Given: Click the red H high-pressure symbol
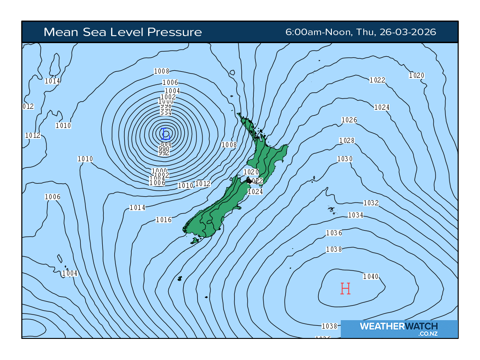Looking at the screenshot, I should (x=345, y=289).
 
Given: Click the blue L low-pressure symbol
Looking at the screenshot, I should (x=164, y=133).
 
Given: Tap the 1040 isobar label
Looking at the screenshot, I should (x=371, y=277).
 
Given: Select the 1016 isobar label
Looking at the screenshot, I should (x=164, y=220).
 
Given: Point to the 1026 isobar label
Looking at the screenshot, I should (x=349, y=120).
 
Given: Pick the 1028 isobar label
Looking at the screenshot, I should (x=347, y=141).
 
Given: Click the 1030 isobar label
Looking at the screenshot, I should (x=345, y=159).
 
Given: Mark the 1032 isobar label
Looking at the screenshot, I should (x=371, y=203).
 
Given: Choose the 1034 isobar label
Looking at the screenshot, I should (x=356, y=215).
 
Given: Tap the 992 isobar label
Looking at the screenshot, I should (x=164, y=153).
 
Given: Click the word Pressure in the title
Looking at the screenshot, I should (x=174, y=32).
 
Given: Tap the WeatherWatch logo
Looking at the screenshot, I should (x=398, y=326).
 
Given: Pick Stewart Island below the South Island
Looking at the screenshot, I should (x=195, y=241).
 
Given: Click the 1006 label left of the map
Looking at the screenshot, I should (x=52, y=197).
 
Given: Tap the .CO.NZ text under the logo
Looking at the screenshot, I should (x=428, y=334).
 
